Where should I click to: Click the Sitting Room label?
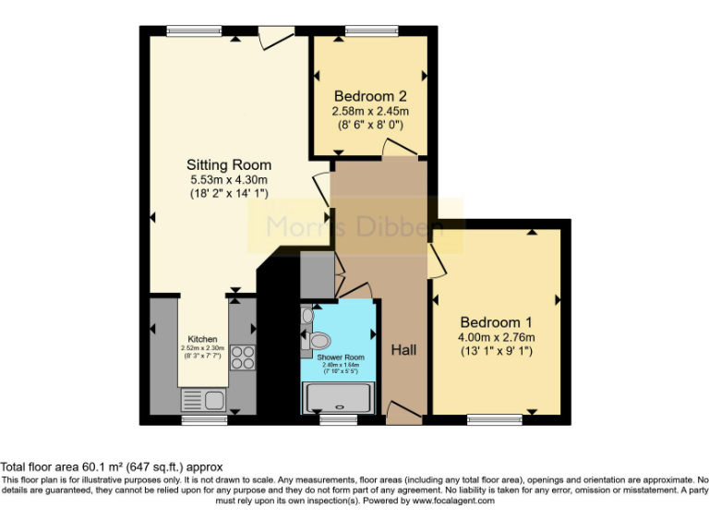point(228,164)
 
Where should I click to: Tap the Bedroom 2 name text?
point(370,96)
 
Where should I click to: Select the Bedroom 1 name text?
point(497,322)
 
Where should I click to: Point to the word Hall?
point(403,350)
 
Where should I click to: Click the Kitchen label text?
point(203,339)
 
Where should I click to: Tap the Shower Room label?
point(341,357)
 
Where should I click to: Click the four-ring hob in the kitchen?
point(243,357)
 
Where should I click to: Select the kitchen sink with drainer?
point(204,399)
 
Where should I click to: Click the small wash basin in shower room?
point(306,315)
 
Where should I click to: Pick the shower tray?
point(341,398)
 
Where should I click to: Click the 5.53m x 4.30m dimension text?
point(228,180)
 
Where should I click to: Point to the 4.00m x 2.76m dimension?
point(497,337)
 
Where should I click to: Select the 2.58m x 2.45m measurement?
point(370,111)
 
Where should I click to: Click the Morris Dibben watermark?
point(354,226)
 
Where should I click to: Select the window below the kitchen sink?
point(204,420)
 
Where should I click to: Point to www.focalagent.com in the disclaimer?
point(453,502)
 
